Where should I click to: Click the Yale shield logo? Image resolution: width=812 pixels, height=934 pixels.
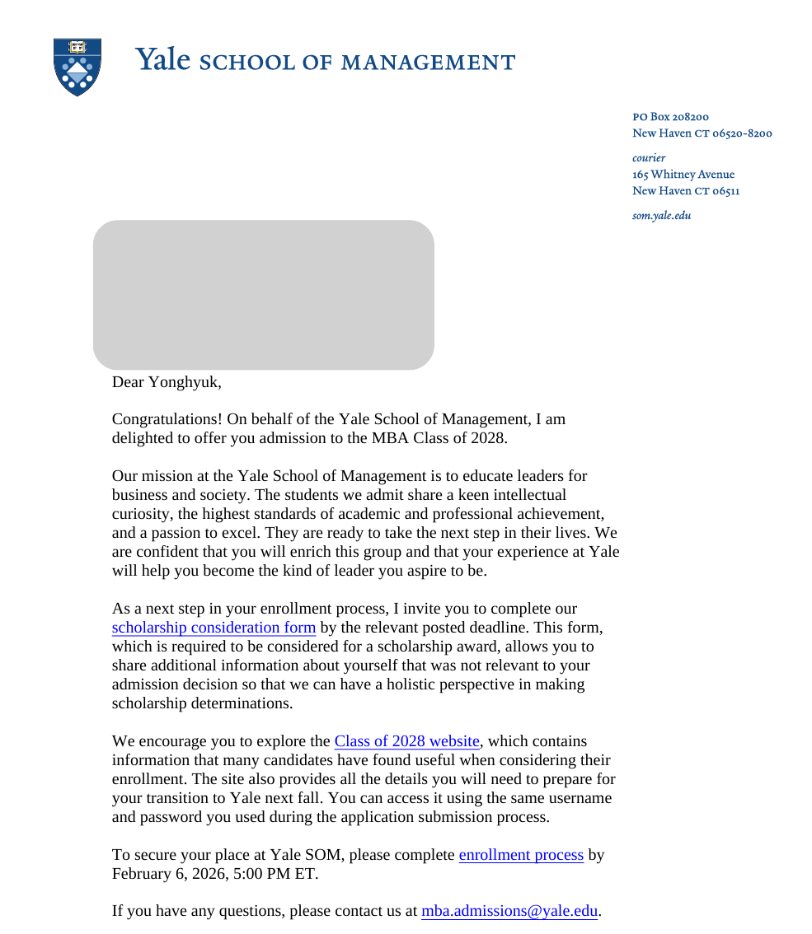[77, 66]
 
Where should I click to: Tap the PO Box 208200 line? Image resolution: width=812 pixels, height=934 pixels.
[670, 117]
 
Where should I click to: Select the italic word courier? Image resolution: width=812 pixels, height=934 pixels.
[649, 157]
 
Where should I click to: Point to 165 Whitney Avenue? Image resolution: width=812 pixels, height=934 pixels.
[683, 175]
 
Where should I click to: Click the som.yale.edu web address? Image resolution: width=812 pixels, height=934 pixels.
[661, 216]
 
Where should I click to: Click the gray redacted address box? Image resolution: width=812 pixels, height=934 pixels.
[264, 295]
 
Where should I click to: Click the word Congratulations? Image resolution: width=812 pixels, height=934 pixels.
[167, 419]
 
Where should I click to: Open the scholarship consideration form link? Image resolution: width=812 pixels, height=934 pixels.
[214, 628]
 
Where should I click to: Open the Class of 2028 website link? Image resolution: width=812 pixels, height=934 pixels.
[406, 742]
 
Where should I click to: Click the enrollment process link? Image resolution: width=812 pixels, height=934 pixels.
[521, 856]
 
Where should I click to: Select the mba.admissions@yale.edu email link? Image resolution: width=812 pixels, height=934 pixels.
[509, 912]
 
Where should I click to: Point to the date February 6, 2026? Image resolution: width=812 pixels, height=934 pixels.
[169, 875]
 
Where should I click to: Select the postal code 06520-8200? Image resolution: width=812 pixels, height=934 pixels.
[742, 133]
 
